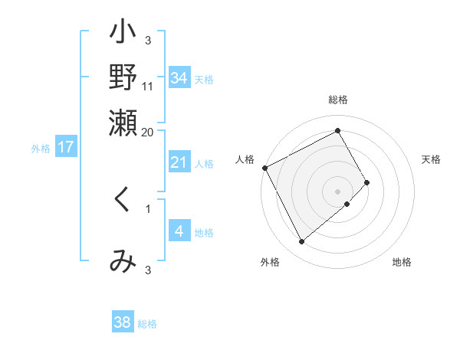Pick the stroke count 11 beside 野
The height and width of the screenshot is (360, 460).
point(149,86)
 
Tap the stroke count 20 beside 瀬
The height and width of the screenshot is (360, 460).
point(148,132)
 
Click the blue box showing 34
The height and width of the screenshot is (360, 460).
point(179,78)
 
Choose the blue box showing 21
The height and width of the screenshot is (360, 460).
point(179,162)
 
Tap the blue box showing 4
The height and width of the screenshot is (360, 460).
point(179,231)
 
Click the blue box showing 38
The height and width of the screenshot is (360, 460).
point(123,322)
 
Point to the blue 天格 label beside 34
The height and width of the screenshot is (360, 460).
point(204,80)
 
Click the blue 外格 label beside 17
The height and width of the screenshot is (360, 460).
point(41,149)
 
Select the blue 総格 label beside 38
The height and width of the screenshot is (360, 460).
point(147,324)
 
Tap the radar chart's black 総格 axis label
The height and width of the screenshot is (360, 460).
point(338,100)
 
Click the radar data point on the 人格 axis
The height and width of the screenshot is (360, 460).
point(264,168)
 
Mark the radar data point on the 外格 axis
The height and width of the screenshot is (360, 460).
point(301,242)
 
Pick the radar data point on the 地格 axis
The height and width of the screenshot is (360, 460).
point(347,204)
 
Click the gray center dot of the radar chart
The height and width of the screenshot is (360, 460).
point(338,191)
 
